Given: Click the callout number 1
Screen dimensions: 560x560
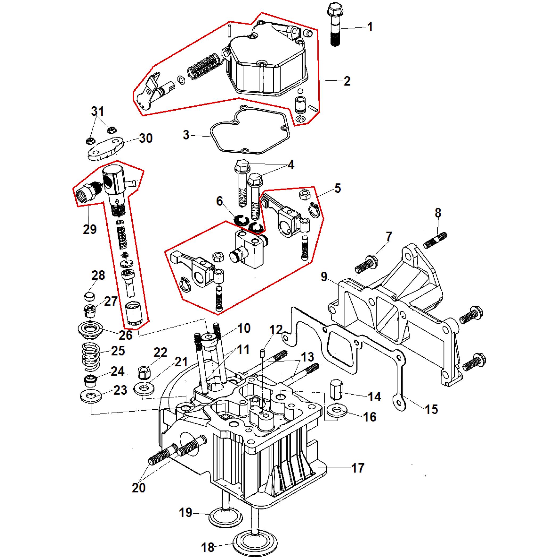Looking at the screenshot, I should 370,27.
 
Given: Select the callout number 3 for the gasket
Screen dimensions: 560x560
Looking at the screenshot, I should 186,135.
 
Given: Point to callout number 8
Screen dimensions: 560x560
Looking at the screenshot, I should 438,213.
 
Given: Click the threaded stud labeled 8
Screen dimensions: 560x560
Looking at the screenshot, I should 435,240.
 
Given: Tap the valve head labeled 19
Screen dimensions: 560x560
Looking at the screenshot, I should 225,517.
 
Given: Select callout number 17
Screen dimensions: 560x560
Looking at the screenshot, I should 358,468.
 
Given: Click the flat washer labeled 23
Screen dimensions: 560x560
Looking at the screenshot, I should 91,396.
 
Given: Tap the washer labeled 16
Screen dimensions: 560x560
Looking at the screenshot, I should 337,411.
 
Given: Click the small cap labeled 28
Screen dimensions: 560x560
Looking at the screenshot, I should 90,297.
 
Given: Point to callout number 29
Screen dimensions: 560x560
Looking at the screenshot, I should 90,229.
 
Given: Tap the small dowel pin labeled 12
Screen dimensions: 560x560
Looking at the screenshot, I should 262,354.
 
